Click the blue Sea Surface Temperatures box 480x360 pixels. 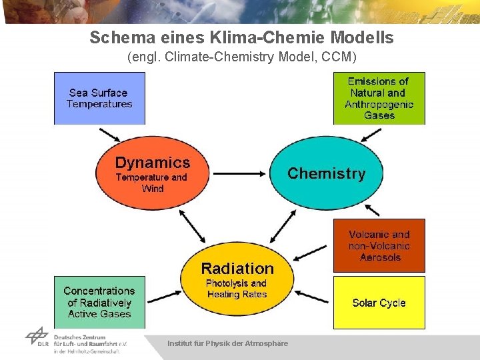pyautogui.click(x=99, y=98)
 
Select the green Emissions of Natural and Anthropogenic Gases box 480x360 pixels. pyautogui.click(x=379, y=98)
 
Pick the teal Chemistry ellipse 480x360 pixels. pyautogui.click(x=327, y=174)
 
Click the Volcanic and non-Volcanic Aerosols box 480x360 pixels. pyautogui.click(x=379, y=245)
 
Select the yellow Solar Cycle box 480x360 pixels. pyautogui.click(x=379, y=303)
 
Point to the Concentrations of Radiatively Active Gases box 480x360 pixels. pyautogui.click(x=99, y=302)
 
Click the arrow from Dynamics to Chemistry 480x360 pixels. pyautogui.click(x=239, y=173)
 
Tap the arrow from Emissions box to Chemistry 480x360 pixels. pyautogui.click(x=371, y=134)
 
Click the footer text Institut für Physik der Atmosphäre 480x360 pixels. pyautogui.click(x=228, y=343)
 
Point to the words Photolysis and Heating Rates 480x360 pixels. pyautogui.click(x=237, y=289)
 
